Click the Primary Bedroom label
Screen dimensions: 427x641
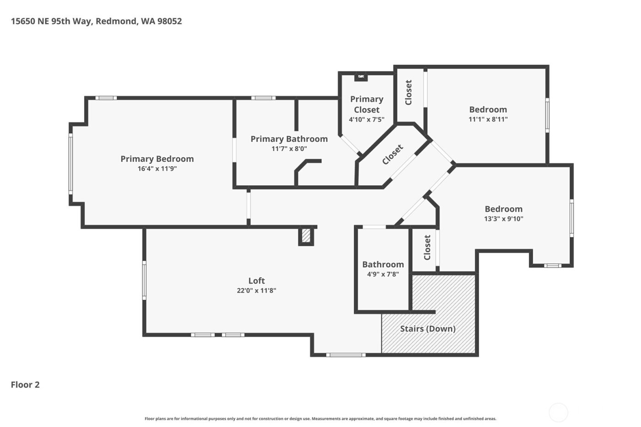click(x=157, y=159)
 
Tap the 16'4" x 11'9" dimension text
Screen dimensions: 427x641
click(x=157, y=169)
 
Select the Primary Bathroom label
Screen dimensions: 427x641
click(x=289, y=139)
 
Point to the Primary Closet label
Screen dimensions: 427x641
click(x=366, y=104)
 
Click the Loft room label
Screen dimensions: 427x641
click(x=256, y=281)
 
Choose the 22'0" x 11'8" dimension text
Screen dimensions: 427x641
click(x=256, y=291)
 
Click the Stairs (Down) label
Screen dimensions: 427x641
click(x=428, y=329)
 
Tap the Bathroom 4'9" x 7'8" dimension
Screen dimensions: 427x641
click(x=383, y=275)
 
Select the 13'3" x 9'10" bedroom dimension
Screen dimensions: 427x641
click(x=504, y=219)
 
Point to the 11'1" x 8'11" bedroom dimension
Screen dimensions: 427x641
click(x=488, y=119)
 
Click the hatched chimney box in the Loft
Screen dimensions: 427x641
click(x=306, y=236)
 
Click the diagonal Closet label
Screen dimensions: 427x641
click(x=393, y=155)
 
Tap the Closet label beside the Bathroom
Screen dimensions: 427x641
click(x=427, y=248)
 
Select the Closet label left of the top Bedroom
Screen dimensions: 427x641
click(x=408, y=92)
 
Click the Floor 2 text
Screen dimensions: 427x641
click(x=25, y=384)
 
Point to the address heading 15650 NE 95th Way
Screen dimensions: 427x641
click(x=96, y=21)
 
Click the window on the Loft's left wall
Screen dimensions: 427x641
click(x=144, y=280)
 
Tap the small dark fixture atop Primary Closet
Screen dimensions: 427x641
click(x=361, y=77)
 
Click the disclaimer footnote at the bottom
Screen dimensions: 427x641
click(x=320, y=419)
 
